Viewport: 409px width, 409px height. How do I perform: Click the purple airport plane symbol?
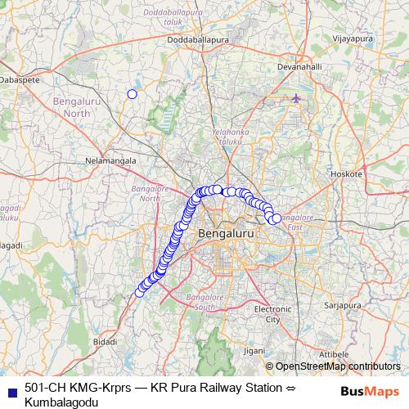[296, 99]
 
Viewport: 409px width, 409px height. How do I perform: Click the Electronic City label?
[272, 314]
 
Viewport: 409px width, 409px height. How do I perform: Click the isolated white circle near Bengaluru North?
[132, 94]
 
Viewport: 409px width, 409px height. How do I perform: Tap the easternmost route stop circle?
[276, 218]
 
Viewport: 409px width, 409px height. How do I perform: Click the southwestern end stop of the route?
[139, 292]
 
